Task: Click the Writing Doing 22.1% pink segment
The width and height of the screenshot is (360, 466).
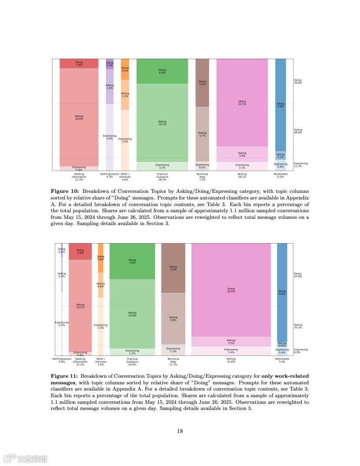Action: tap(242, 102)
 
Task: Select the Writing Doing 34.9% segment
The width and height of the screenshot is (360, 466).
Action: tap(231, 290)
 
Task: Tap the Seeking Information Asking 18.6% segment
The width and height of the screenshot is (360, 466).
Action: tap(79, 117)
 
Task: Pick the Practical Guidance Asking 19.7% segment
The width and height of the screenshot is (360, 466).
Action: tap(162, 122)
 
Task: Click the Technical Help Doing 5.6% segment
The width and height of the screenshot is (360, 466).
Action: tap(173, 268)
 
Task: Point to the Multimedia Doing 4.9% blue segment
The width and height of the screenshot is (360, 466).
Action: tap(281, 105)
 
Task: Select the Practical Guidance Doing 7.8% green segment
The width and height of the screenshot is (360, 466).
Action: tap(132, 261)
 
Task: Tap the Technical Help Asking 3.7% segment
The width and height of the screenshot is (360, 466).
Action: tap(202, 134)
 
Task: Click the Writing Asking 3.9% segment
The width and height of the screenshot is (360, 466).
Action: tap(242, 154)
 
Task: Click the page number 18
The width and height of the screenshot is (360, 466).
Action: tap(180, 431)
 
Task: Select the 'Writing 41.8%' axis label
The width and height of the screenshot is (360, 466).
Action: tap(231, 361)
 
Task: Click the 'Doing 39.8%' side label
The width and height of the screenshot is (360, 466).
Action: tap(298, 82)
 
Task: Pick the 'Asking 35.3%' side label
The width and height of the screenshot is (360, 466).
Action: tap(298, 326)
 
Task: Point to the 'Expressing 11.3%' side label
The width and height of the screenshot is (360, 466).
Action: tap(301, 165)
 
